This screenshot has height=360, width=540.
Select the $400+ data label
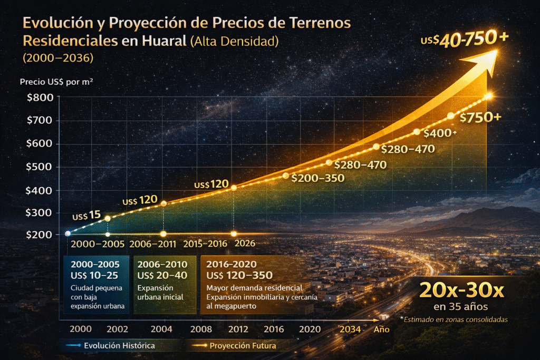pyautogui.click(x=440, y=133)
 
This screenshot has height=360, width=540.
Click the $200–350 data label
pyautogui.click(x=317, y=178)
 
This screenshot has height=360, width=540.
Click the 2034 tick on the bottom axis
pyautogui.click(x=351, y=329)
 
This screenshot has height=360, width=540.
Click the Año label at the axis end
pyautogui.click(x=381, y=329)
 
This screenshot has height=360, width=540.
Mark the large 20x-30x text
pyautogui.click(x=461, y=289)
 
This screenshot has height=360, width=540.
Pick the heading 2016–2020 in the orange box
pyautogui.click(x=233, y=264)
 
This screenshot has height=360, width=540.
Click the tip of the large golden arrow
pyautogui.click(x=497, y=51)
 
